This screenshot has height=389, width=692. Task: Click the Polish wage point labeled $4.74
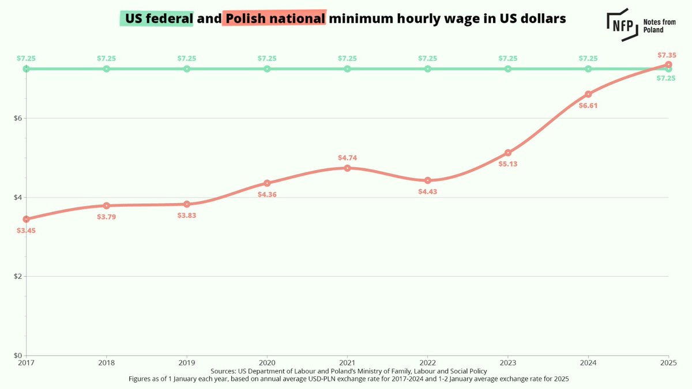click(x=347, y=168)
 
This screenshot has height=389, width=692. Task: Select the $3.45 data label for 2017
click(x=26, y=231)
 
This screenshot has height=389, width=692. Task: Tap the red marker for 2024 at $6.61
click(x=588, y=94)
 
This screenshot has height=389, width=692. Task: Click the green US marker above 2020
click(x=267, y=69)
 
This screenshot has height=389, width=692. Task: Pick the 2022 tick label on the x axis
click(x=427, y=362)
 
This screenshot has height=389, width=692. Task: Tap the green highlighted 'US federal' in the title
click(x=156, y=19)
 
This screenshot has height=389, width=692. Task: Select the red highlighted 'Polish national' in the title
click(x=274, y=19)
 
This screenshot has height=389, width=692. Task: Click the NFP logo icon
click(x=622, y=25)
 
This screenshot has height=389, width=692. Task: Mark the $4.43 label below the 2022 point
click(x=428, y=191)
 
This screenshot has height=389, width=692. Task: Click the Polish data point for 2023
click(x=508, y=153)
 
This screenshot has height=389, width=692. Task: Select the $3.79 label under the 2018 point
click(x=107, y=217)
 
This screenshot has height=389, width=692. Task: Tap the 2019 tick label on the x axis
click(x=187, y=362)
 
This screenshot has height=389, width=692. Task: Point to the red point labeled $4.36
click(x=267, y=183)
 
